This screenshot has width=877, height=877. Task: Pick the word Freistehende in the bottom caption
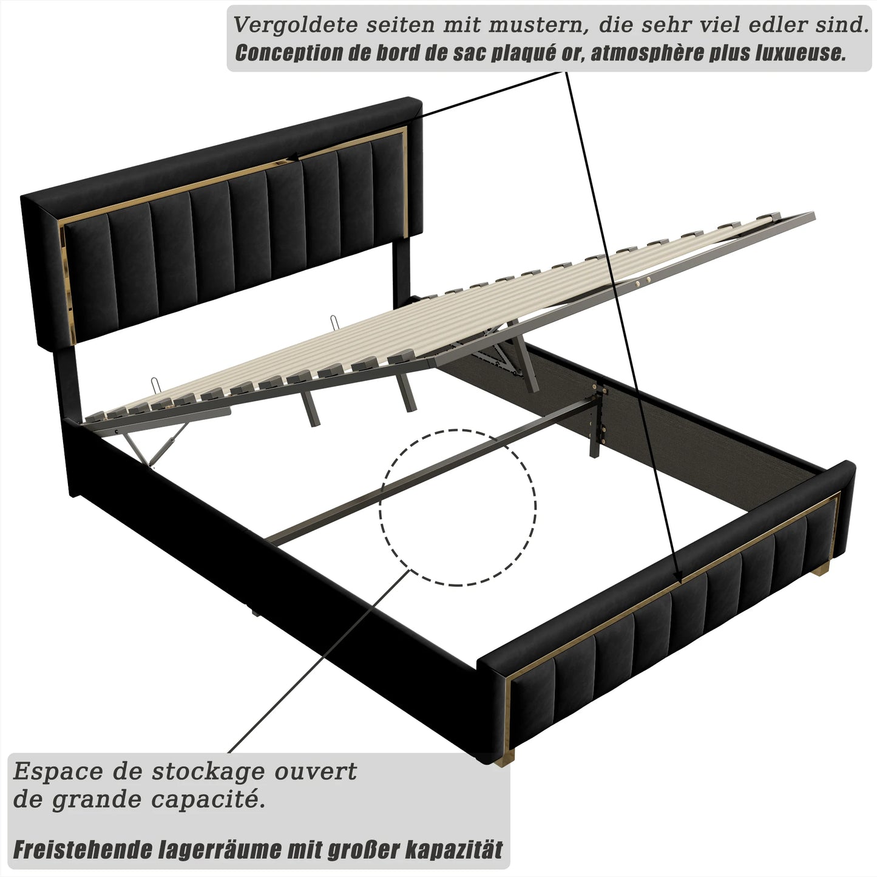81,850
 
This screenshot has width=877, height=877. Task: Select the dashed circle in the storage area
458,507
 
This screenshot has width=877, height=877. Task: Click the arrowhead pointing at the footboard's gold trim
678,577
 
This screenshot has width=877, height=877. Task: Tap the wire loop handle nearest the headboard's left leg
156,384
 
